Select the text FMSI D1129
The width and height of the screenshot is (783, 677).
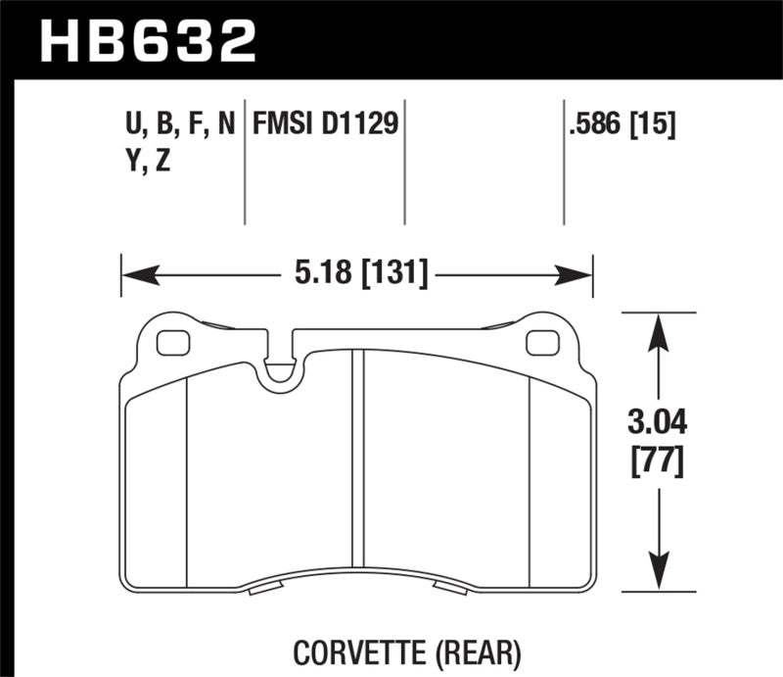tap(326, 124)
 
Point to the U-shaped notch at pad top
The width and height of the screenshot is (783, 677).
tap(282, 368)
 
